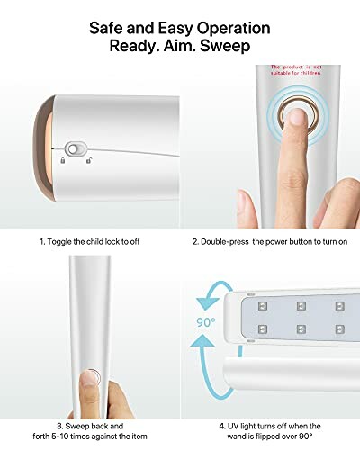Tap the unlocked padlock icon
87,162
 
